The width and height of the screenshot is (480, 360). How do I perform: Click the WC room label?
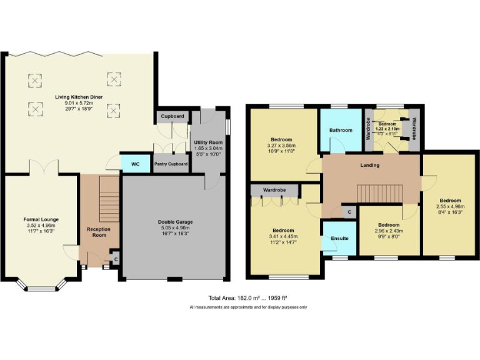click(135, 164)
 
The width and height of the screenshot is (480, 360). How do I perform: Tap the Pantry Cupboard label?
click(171, 165)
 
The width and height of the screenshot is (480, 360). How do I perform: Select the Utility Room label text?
click(208, 143)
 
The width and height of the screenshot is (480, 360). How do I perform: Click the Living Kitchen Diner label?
click(79, 97)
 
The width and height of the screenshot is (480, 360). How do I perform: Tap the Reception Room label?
click(98, 233)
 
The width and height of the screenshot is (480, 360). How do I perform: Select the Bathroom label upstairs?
click(341, 130)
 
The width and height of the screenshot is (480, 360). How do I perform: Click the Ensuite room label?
click(339, 238)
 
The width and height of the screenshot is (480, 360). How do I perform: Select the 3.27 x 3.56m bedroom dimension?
click(281, 145)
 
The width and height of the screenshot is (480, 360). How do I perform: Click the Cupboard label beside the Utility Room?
click(172, 116)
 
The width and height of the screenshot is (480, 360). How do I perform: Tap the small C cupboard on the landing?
click(349, 212)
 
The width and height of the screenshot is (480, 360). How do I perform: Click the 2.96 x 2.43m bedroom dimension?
click(389, 231)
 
